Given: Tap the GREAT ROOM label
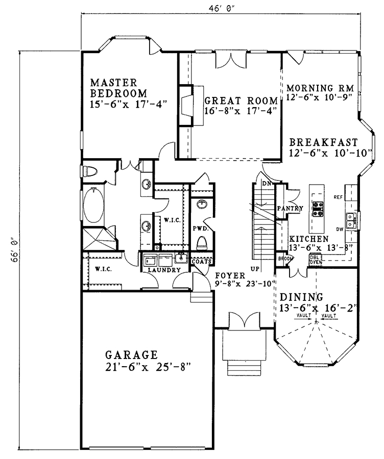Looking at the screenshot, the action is pyautogui.click(x=241, y=100).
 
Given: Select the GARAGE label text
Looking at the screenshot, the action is pyautogui.click(x=131, y=355).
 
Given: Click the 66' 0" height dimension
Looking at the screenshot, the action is pyautogui.click(x=15, y=251).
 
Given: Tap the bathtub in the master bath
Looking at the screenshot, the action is pyautogui.click(x=93, y=205).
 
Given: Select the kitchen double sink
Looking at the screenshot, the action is pyautogui.click(x=351, y=220).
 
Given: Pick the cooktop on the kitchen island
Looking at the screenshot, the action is pyautogui.click(x=317, y=208).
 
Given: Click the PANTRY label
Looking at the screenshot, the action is pyautogui.click(x=290, y=209).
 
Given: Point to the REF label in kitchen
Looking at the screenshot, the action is pyautogui.click(x=338, y=197).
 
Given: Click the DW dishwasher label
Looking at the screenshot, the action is pyautogui.click(x=340, y=229).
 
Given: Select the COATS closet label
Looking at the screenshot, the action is pyautogui.click(x=201, y=262).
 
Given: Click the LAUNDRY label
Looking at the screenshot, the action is pyautogui.click(x=164, y=270).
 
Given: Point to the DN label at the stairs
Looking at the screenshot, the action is pyautogui.click(x=267, y=184).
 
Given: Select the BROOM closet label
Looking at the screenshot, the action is pyautogui.click(x=285, y=259).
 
